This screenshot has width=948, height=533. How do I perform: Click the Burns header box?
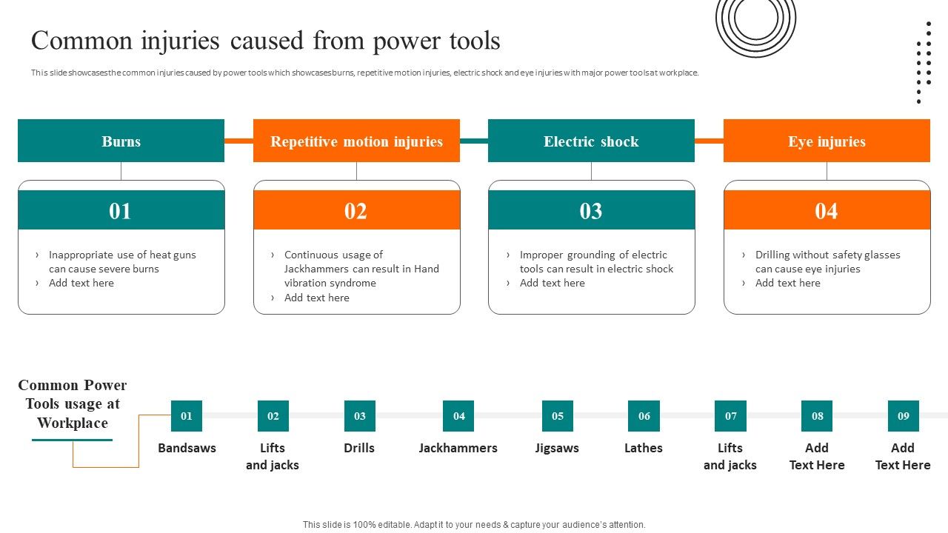point(121,141)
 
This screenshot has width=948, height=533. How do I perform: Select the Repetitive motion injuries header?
point(356,141)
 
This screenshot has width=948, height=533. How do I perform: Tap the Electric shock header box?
point(591,141)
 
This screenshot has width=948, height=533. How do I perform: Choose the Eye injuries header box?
point(827,141)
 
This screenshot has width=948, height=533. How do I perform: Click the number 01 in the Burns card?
point(120,211)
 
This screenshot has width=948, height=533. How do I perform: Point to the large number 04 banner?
point(827,211)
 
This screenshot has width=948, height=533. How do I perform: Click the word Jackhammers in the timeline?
point(458,448)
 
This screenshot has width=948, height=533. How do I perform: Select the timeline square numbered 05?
point(557,416)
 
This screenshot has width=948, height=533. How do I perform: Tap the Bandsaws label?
point(187,448)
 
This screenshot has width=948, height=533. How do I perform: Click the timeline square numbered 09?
point(903,416)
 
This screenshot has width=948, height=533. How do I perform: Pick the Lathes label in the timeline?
point(643,448)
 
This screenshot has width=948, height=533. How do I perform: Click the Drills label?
point(359,448)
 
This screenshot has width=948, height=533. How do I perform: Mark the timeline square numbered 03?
point(359,416)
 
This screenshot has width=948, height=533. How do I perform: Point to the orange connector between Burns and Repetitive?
point(238,141)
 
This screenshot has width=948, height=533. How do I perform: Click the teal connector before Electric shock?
point(474,141)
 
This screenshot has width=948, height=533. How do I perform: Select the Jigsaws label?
point(557,448)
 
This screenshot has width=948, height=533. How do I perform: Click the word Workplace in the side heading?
point(73,423)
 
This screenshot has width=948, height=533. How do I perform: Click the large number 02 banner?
point(356,211)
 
